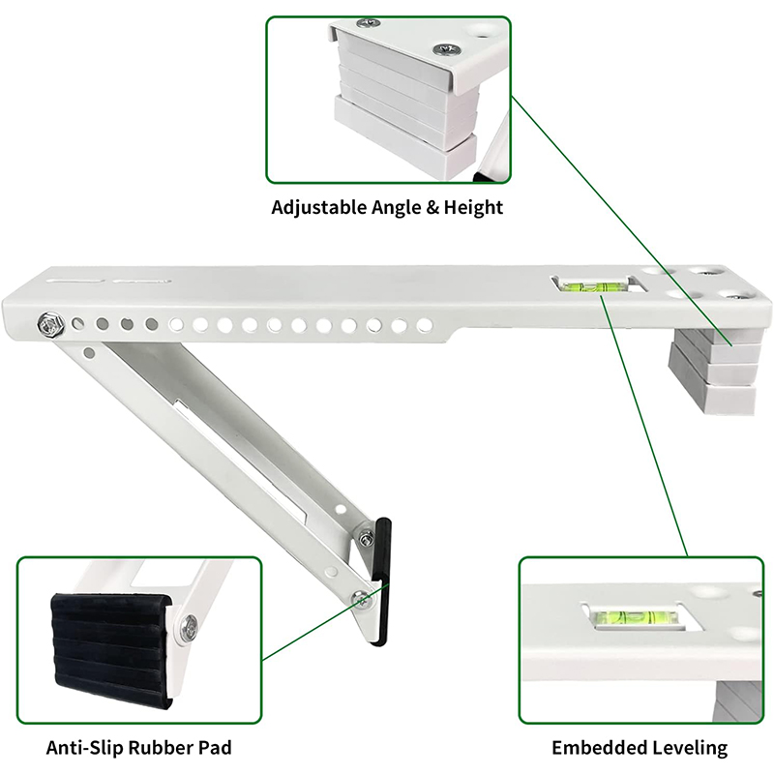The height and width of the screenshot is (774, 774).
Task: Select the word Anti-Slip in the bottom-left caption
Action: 84,747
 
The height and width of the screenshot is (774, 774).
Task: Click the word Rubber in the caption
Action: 159,747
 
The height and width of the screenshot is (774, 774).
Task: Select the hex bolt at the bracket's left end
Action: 51,325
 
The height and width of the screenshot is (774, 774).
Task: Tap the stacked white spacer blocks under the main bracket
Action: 712,372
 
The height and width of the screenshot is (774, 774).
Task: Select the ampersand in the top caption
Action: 432,207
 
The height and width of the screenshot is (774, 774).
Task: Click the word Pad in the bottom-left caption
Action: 214,747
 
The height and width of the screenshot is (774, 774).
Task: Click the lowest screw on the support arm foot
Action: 362,600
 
